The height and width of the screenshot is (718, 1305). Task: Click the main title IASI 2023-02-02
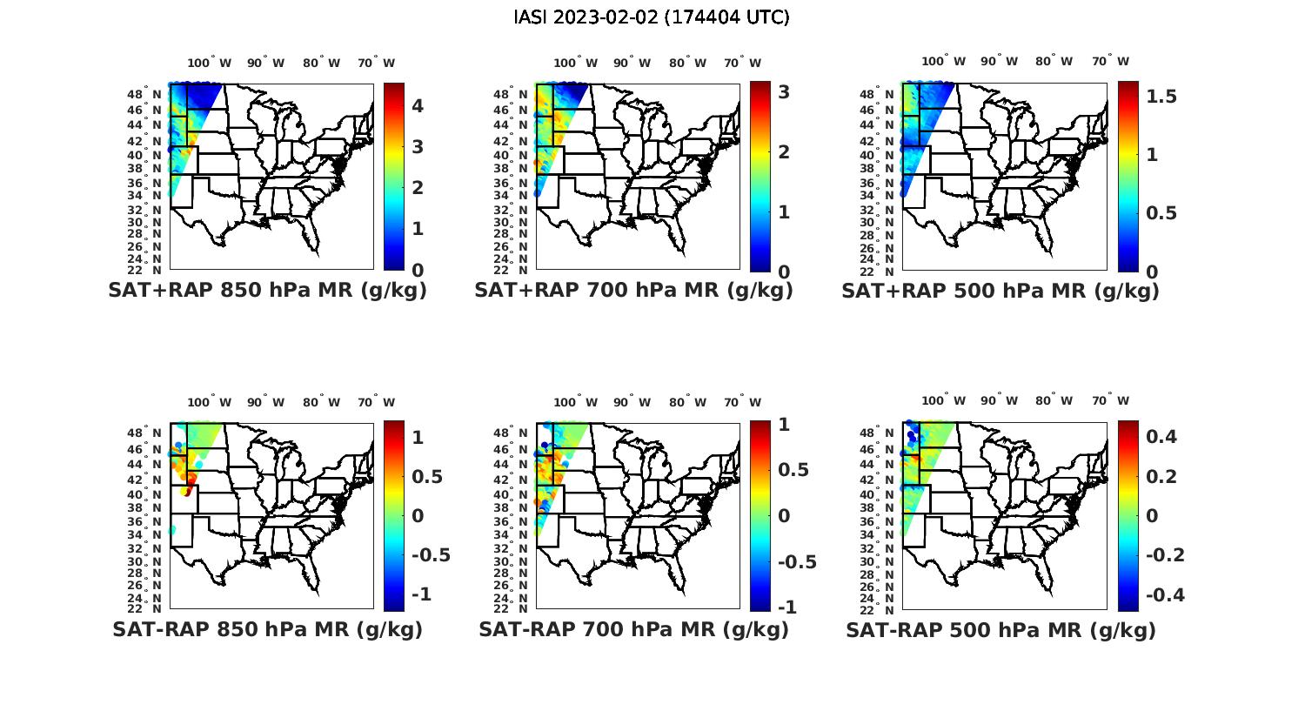click(x=652, y=17)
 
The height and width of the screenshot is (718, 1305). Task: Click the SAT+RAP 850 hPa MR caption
click(x=267, y=291)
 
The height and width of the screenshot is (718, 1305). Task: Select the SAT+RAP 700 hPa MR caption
click(x=633, y=291)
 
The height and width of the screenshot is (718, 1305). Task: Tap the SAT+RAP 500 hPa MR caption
click(x=1000, y=291)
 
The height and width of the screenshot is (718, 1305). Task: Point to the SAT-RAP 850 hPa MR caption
click(x=267, y=629)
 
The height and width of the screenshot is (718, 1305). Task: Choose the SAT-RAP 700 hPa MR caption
click(x=633, y=629)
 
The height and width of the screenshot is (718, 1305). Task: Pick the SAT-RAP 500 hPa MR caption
click(x=1000, y=629)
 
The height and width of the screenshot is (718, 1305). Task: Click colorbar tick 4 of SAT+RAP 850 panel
click(x=418, y=106)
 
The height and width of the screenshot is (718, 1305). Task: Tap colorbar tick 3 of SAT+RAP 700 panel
click(x=784, y=91)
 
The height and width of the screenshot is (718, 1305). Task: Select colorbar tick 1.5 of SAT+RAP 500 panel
click(x=1161, y=97)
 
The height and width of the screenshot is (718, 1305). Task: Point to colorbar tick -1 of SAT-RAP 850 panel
click(x=420, y=594)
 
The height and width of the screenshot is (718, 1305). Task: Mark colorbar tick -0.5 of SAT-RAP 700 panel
click(x=796, y=561)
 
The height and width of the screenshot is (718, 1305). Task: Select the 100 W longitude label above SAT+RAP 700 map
click(x=575, y=63)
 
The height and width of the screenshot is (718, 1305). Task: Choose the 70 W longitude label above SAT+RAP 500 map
click(x=1110, y=61)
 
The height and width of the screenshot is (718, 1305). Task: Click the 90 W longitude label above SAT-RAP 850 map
click(x=265, y=402)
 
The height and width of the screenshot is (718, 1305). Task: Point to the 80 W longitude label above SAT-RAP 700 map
click(x=688, y=402)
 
